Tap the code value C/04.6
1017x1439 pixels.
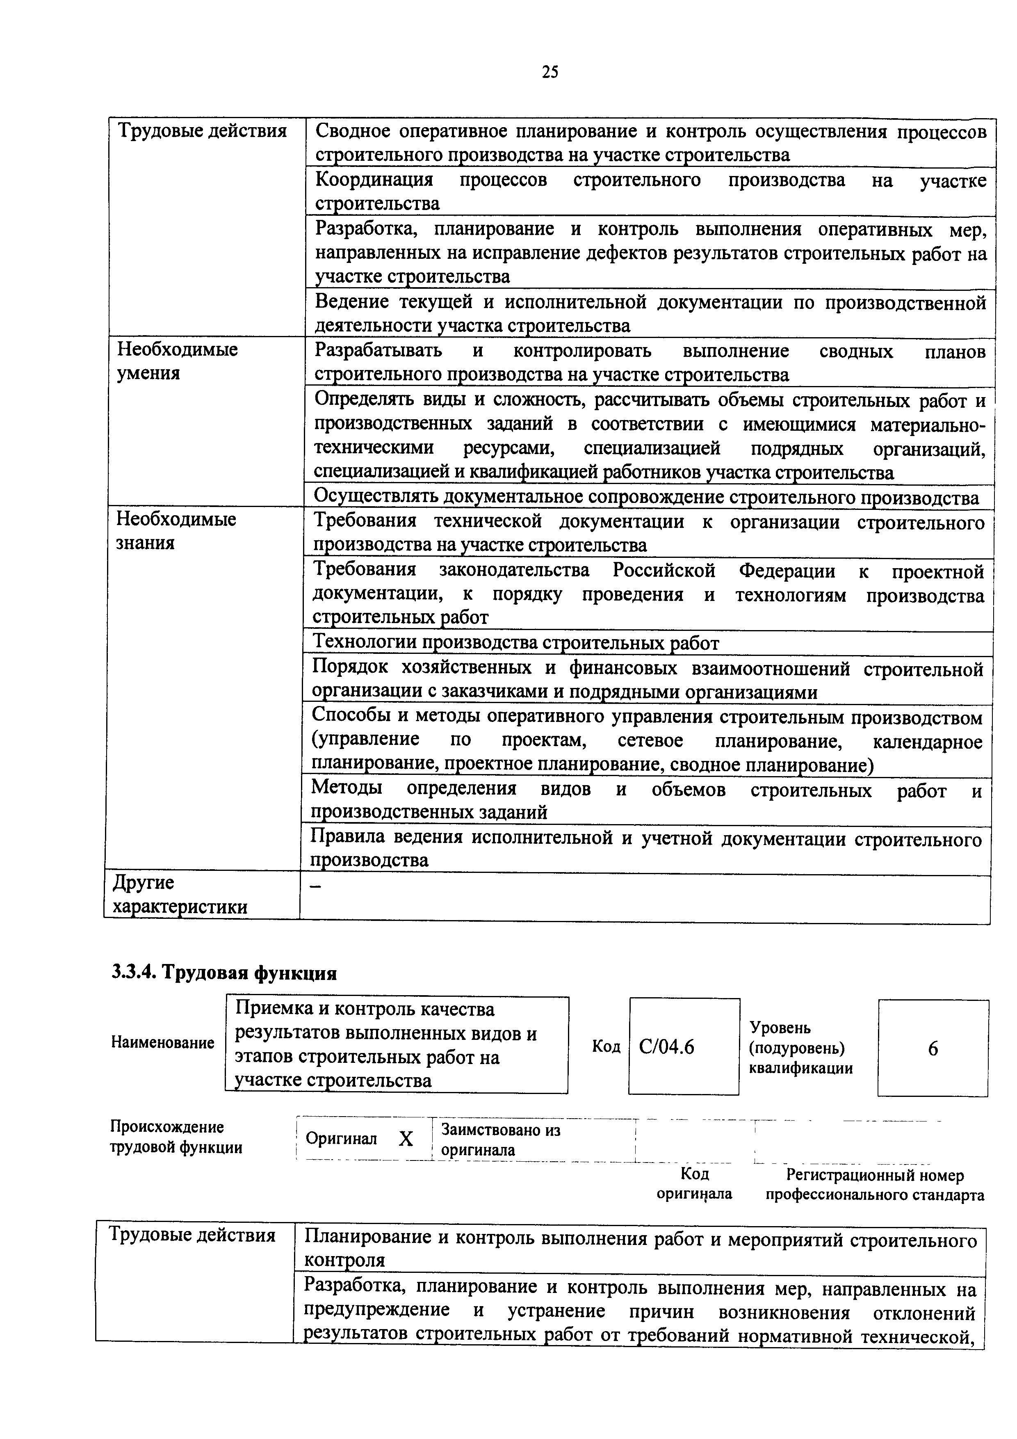pyautogui.click(x=667, y=1047)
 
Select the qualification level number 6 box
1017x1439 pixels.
pyautogui.click(x=933, y=1048)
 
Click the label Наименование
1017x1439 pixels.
pyautogui.click(x=162, y=1042)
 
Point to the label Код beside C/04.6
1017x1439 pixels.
pyautogui.click(x=606, y=1047)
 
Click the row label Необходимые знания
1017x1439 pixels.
pyautogui.click(x=176, y=530)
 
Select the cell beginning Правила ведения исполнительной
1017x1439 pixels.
pyautogui.click(x=645, y=849)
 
